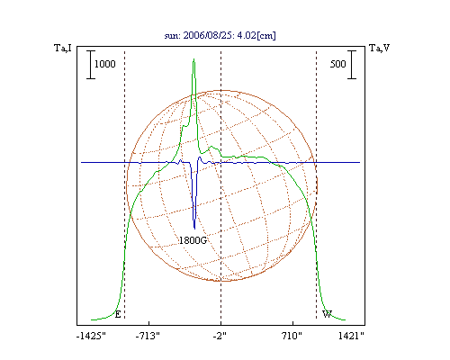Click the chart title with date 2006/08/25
click(220, 35)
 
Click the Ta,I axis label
click(63, 48)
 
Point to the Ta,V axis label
click(379, 48)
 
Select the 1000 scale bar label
click(105, 64)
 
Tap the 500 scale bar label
click(338, 64)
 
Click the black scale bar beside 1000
click(91, 65)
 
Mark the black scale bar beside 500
click(352, 65)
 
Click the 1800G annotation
click(193, 240)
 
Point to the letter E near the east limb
click(118, 314)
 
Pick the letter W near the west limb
click(327, 314)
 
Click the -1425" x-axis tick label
click(92, 336)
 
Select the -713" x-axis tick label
click(148, 336)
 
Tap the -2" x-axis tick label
click(220, 336)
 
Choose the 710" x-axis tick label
click(292, 336)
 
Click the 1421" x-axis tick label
click(351, 336)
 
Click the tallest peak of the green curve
click(194, 59)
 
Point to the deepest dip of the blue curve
click(194, 229)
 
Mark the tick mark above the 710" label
click(292, 323)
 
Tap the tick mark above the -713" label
click(149, 323)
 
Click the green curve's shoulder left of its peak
click(184, 126)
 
